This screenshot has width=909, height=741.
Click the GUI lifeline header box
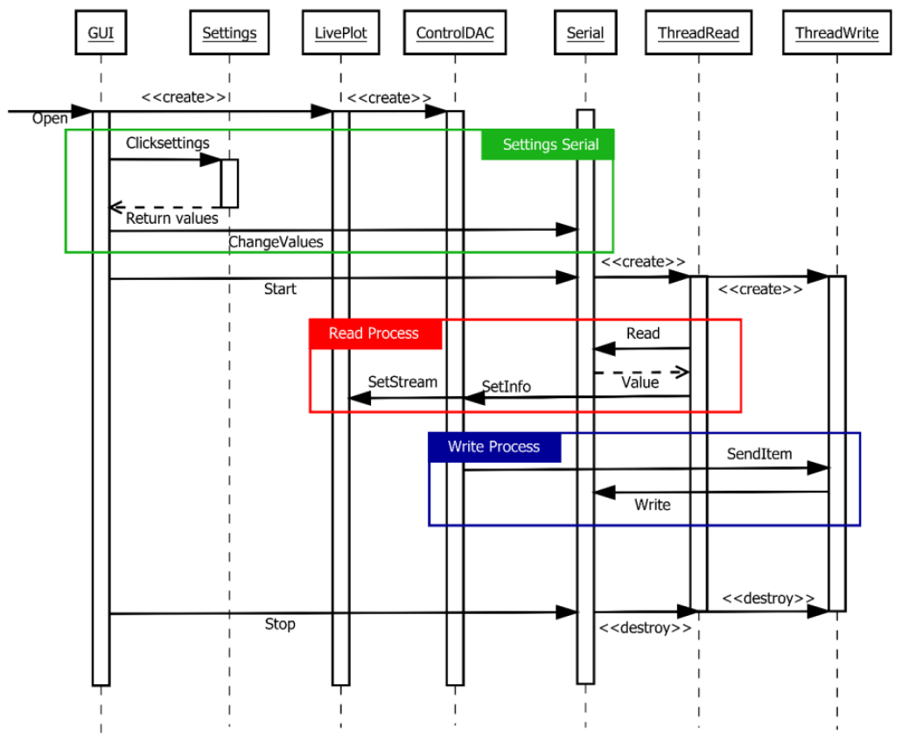coord(101,34)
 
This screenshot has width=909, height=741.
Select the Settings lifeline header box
coord(229,34)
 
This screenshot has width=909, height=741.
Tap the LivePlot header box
coord(340,34)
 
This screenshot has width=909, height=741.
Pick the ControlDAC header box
coord(455,34)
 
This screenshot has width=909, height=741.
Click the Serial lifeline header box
coord(585,34)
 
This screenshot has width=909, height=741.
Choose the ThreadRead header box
coord(698,34)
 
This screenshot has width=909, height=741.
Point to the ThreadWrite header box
coord(836,34)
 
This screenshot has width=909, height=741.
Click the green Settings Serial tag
coord(548,144)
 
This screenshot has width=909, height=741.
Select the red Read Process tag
coord(375,333)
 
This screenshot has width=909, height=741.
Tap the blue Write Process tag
coord(494,447)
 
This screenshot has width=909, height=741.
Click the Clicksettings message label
coord(167,143)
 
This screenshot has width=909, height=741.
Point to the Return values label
coord(171,218)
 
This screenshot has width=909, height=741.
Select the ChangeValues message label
coord(276,241)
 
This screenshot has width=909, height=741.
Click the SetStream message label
coord(402,381)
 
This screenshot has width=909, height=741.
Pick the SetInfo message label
coord(507,386)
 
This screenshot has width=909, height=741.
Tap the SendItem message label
coord(759,454)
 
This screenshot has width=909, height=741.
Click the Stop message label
coord(280,624)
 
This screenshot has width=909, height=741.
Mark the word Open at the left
coord(50,118)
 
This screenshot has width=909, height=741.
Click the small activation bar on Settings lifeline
coord(229,183)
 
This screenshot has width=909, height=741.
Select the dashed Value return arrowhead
coord(682,373)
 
